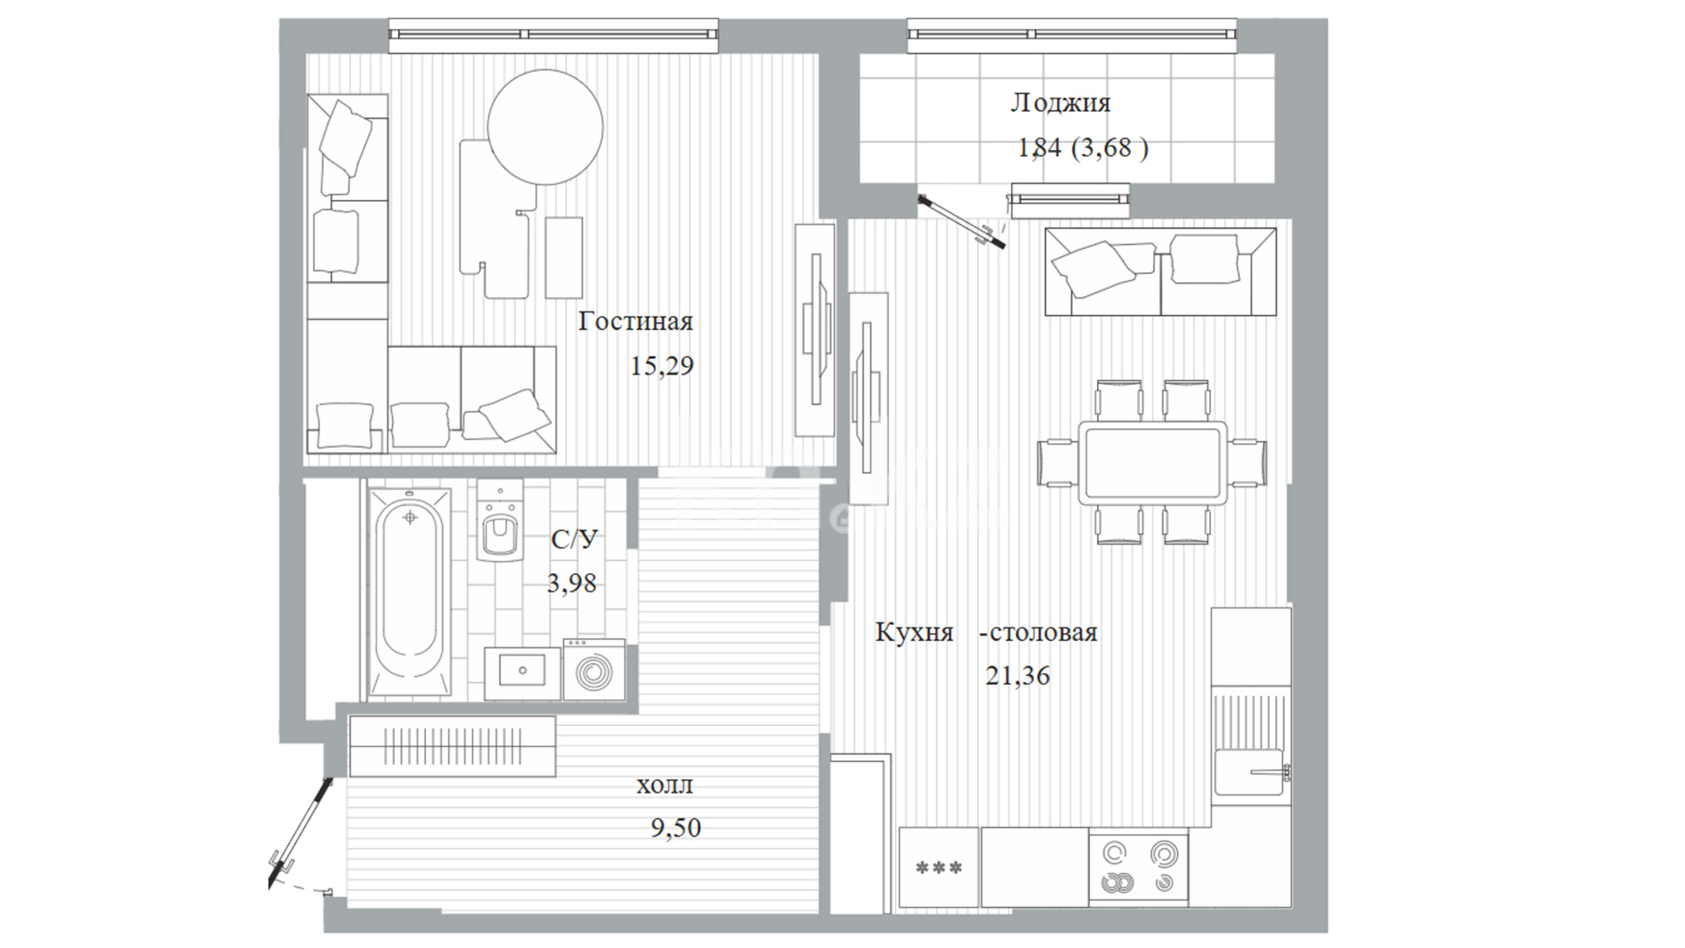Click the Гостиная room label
tap(635, 321)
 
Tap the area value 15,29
tap(662, 365)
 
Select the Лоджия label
tap(1060, 104)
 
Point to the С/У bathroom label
tap(574, 538)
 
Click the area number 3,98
tap(571, 583)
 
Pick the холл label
tap(664, 785)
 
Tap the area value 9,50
tap(676, 828)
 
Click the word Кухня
tap(914, 633)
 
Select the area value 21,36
tap(1017, 676)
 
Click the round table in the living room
tap(545, 126)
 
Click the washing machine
tap(594, 670)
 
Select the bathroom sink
tap(522, 673)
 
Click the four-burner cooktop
tap(1138, 867)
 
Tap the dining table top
tap(1152, 463)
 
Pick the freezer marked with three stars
tap(938, 867)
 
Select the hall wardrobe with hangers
tap(452, 746)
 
